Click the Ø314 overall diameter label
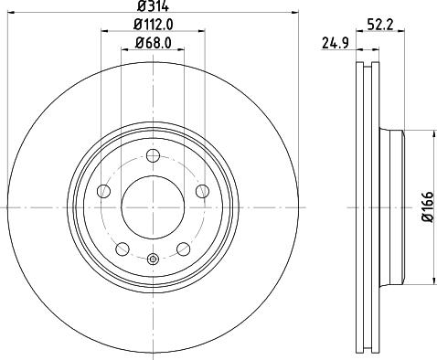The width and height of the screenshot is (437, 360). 153,6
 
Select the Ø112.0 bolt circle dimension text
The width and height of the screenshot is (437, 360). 153,25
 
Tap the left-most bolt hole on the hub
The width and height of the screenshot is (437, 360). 103,191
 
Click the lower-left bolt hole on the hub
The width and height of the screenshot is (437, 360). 122,249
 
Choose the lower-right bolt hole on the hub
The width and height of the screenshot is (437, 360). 184,249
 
